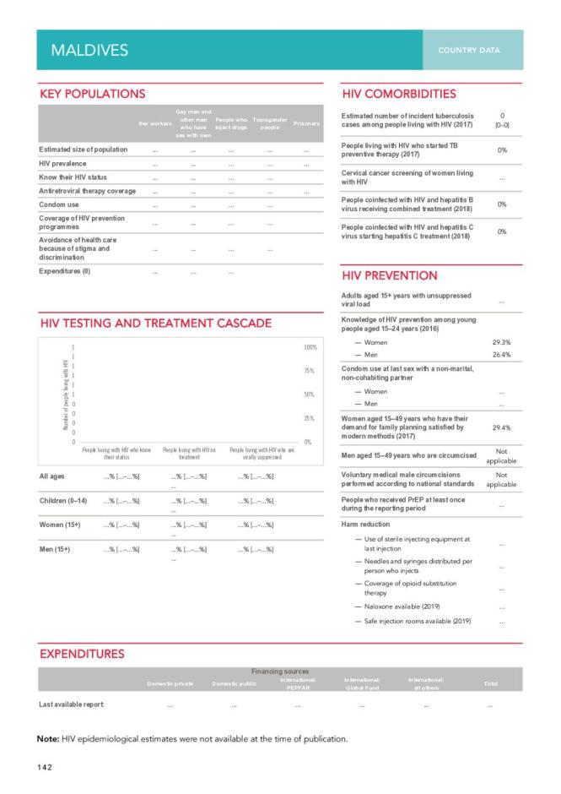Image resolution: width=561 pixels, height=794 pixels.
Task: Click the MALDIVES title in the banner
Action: click(x=89, y=50)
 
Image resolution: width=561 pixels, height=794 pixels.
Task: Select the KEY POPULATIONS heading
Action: click(x=93, y=94)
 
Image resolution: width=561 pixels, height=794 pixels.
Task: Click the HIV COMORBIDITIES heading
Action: click(x=399, y=94)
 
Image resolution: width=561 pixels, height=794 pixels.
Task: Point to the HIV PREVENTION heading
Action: click(x=390, y=275)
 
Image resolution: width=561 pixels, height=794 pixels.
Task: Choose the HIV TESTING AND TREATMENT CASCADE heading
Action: click(x=156, y=324)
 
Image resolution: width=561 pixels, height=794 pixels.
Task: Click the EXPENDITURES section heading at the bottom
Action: click(x=82, y=653)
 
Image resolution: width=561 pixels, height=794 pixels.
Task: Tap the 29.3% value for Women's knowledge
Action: click(x=501, y=342)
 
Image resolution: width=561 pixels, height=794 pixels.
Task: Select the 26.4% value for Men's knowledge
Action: click(x=501, y=355)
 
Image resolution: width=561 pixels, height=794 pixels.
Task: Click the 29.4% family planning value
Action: click(x=501, y=427)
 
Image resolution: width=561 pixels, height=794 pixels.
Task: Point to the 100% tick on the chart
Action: click(x=310, y=347)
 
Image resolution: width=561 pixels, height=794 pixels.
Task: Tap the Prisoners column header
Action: click(x=306, y=123)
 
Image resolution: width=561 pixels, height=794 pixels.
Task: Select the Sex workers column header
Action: click(x=154, y=124)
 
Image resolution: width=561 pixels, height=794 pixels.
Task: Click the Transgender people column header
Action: click(x=270, y=123)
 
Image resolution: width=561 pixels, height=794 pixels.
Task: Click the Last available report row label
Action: click(x=72, y=704)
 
